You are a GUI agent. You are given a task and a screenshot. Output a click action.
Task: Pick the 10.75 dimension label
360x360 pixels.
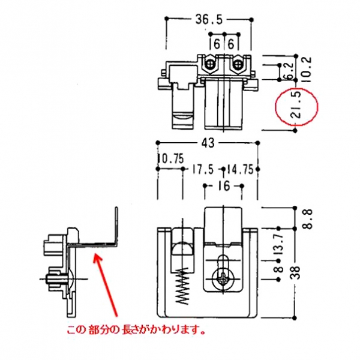point(170,160)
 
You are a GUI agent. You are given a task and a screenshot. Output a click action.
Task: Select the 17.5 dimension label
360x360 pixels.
point(203,170)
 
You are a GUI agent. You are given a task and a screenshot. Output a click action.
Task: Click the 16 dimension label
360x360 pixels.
point(224,187)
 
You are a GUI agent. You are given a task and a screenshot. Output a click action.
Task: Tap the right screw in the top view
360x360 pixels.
point(239,62)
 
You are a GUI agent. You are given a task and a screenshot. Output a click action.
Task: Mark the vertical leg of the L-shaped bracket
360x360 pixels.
point(115,225)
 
